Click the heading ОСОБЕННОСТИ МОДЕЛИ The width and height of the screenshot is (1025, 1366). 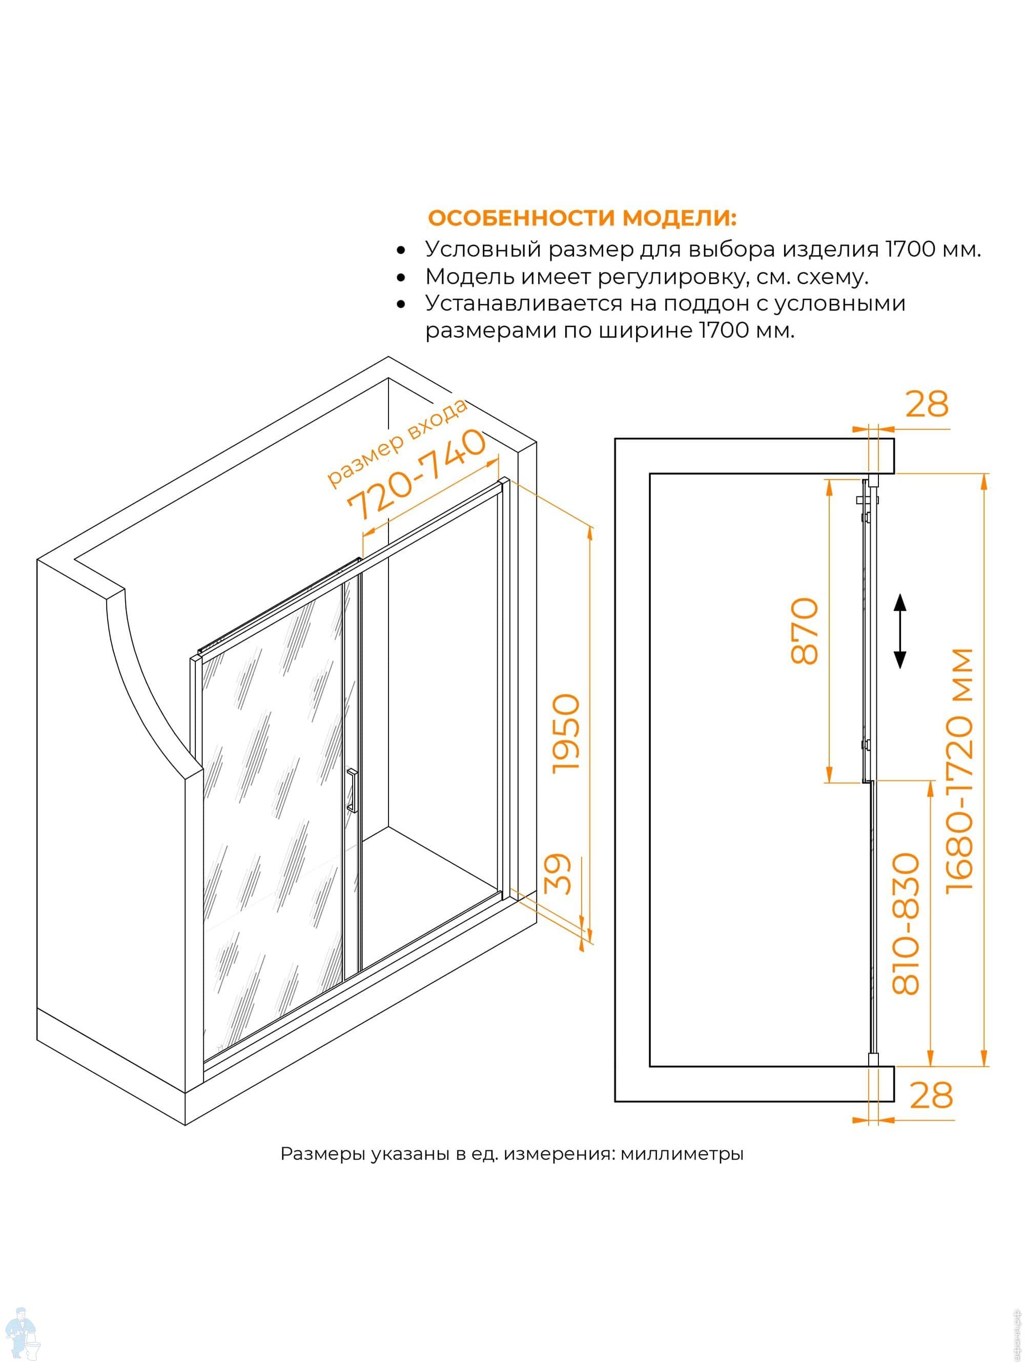(x=583, y=218)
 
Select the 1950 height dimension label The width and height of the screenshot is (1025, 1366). (x=566, y=733)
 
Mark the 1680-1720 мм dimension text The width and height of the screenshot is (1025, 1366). (x=959, y=770)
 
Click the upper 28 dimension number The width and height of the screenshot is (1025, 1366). (x=927, y=404)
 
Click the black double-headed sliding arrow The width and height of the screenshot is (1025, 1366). (x=900, y=631)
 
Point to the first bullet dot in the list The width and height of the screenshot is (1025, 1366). (x=402, y=251)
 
